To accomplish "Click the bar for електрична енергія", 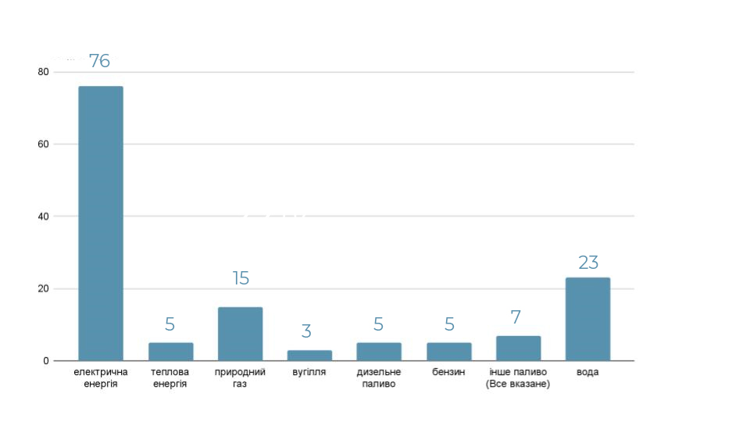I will pos(101,223).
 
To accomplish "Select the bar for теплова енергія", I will pos(170,352).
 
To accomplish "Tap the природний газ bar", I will pos(240,334).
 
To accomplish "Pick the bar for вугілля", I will pos(309,356).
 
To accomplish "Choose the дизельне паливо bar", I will pos(379,352).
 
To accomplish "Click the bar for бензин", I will pos(448,352).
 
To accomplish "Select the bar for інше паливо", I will pos(518,349).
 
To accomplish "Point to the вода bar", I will pos(587,319).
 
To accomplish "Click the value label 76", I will pos(99,61).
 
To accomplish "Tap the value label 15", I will pos(241,278).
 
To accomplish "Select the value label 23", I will pos(588,263).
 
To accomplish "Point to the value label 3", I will pos(306,331).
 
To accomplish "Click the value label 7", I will pos(516,317).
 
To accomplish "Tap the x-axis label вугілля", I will pos(309,372).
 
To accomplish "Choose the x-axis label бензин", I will pos(448,372).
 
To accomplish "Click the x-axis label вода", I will pos(587,372).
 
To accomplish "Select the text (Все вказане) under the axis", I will pos(518,384).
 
